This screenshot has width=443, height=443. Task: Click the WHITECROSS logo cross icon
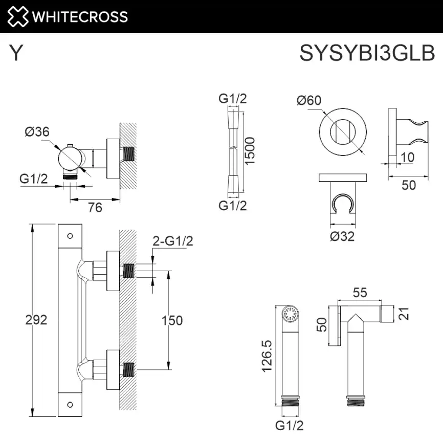tap(17, 16)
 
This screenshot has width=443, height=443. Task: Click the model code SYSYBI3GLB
tap(367, 53)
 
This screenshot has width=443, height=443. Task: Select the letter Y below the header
tap(16, 53)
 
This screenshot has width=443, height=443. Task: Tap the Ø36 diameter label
tap(37, 131)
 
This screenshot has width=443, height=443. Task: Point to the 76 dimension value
tap(95, 207)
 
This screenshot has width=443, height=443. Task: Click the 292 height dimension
tap(36, 320)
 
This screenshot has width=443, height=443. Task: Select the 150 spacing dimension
tap(172, 320)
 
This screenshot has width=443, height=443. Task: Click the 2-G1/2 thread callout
tap(172, 241)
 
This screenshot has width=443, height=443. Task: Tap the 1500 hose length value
tap(250, 151)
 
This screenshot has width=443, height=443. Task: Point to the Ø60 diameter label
tap(309, 100)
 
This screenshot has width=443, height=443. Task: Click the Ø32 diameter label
tap(342, 236)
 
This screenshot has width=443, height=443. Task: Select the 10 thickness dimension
tap(408, 157)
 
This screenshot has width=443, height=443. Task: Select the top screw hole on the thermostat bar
tap(70, 236)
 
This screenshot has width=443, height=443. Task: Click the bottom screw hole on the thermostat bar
tap(70, 404)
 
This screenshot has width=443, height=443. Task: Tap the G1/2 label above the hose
tap(233, 99)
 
